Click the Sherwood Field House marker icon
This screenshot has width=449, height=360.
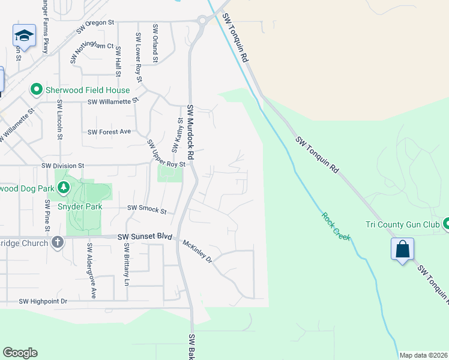[x=36, y=90]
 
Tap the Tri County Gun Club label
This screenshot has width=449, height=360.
[x=403, y=225]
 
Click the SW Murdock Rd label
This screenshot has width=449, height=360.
[x=191, y=132]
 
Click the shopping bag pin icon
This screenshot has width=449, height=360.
[x=402, y=248]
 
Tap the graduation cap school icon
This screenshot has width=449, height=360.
[x=25, y=35]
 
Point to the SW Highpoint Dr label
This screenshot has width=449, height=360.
[x=43, y=301]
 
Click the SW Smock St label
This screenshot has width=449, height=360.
[x=146, y=209]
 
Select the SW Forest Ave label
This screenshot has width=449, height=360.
[x=109, y=132]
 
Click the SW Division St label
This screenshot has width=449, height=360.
[x=63, y=165]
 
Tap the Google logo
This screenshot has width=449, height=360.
[x=20, y=353]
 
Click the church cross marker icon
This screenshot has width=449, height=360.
[x=57, y=242]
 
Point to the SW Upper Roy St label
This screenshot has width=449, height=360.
[x=166, y=154]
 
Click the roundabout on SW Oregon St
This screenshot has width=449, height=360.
[x=202, y=21]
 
